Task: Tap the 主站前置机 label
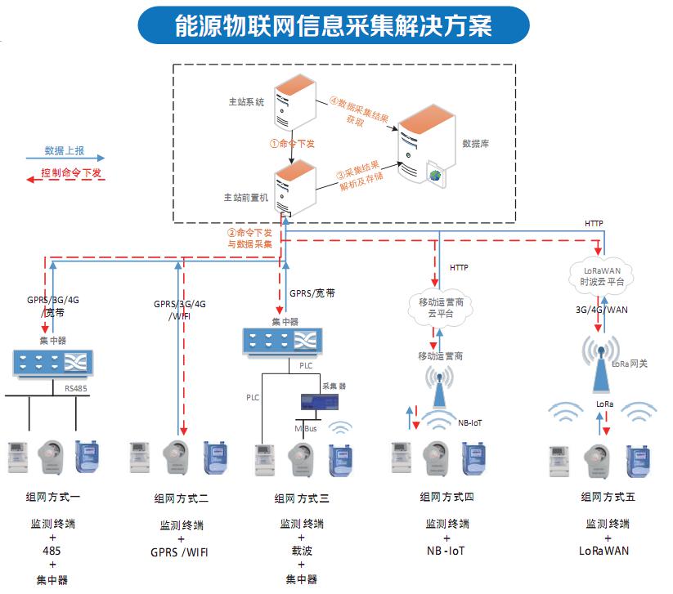click(x=245, y=198)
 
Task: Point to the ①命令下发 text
click(x=293, y=142)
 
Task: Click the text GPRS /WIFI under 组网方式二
click(x=179, y=552)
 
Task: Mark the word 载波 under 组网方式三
click(x=302, y=552)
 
